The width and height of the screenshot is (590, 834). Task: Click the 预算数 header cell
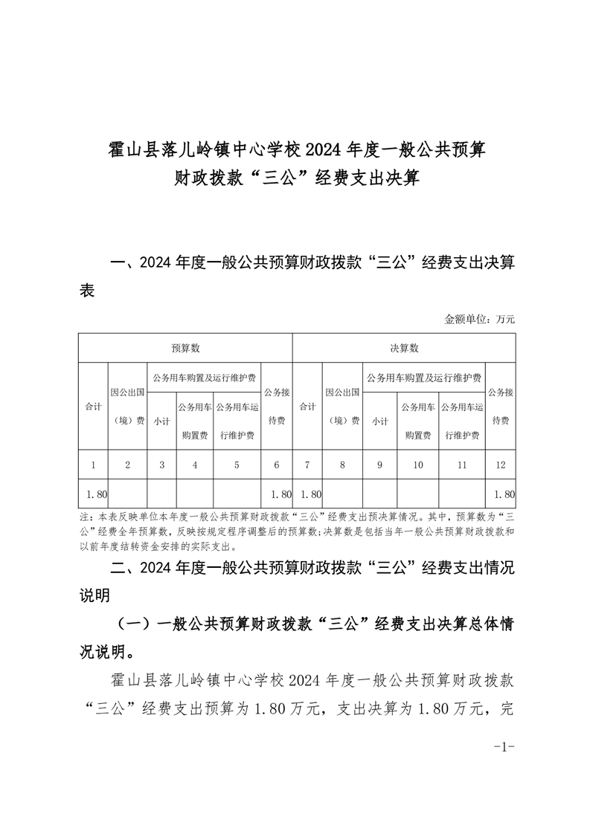point(185,348)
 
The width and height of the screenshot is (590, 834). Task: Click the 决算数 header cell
point(404,348)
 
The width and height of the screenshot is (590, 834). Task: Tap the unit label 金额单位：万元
point(479,319)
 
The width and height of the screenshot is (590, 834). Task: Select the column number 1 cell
point(93,465)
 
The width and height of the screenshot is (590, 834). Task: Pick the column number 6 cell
point(277,465)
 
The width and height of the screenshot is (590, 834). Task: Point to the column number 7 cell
point(307,465)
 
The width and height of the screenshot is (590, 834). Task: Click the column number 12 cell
point(500,465)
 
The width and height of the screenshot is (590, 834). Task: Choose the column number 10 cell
point(417,465)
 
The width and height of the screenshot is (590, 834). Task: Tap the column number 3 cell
point(161,465)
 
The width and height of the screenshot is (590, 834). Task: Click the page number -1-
point(504,746)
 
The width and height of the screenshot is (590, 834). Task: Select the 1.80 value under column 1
point(97,494)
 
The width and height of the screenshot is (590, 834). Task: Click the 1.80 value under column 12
point(504,494)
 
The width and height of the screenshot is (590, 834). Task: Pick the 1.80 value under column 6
point(280,494)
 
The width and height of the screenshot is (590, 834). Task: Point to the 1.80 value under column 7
point(311,494)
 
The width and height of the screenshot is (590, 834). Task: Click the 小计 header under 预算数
point(161,421)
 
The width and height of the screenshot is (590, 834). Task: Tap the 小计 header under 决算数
point(379,421)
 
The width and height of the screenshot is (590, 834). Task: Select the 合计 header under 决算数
point(307,407)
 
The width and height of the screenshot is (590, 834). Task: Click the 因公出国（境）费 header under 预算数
point(127,406)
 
